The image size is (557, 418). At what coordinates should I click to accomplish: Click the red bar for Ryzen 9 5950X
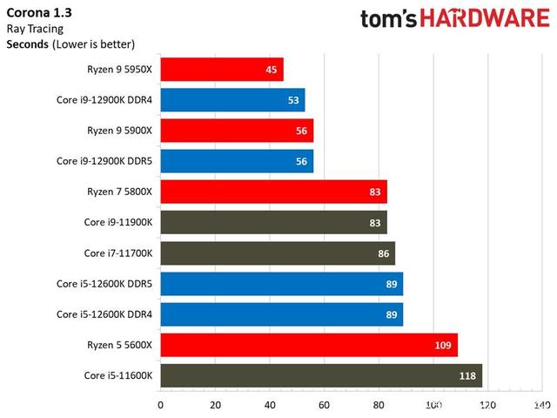[x=221, y=69]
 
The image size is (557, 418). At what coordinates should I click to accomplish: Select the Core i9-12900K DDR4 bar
[x=232, y=100]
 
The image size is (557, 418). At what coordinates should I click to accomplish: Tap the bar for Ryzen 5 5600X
[x=308, y=345]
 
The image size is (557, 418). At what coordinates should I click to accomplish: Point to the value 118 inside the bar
[x=466, y=376]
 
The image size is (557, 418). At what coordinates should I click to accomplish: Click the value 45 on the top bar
[x=271, y=70]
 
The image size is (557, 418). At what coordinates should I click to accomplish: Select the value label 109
[x=442, y=345]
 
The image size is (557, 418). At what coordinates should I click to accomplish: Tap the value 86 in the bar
[x=382, y=253]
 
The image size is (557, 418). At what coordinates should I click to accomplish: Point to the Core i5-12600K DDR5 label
[x=104, y=283]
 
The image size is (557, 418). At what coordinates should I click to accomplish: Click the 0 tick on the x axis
[x=160, y=404]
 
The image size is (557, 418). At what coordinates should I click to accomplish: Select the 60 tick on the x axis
[x=324, y=404]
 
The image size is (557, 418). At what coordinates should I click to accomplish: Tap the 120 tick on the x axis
[x=487, y=404]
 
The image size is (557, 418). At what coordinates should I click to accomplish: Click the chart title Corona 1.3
[x=37, y=13]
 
